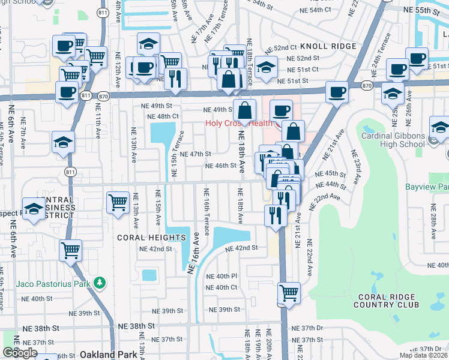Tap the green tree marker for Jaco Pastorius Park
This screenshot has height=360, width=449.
pyautogui.click(x=101, y=282)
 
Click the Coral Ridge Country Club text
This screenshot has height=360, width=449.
pyautogui.click(x=388, y=301)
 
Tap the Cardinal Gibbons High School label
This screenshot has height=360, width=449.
pyautogui.click(x=393, y=140)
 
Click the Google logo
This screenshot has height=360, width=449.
pyautogui.click(x=20, y=353)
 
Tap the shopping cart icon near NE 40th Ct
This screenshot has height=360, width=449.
pyautogui.click(x=289, y=293)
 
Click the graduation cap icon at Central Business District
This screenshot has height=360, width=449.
pyautogui.click(x=34, y=208)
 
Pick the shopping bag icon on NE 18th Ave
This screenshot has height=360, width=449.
pyautogui.click(x=244, y=111)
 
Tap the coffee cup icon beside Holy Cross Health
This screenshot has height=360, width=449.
pyautogui.click(x=281, y=110)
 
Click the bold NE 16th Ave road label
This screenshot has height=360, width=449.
pyautogui.click(x=193, y=254)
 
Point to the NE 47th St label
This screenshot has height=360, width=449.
pyautogui.click(x=195, y=154)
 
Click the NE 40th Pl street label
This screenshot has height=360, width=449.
pyautogui.click(x=222, y=276)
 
